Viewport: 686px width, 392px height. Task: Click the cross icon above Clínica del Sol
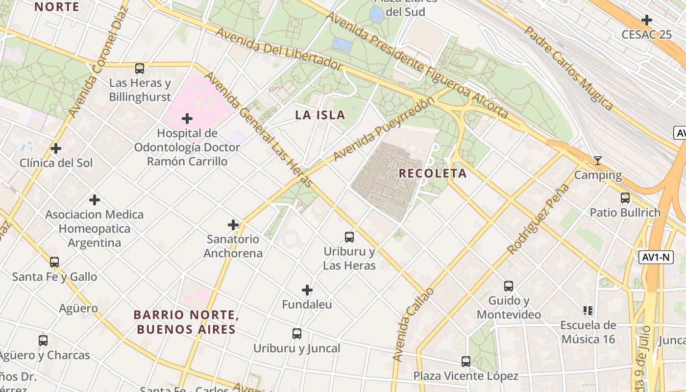[56, 148]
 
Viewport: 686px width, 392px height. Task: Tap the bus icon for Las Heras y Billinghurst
[140, 69]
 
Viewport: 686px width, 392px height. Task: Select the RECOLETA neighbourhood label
[433, 173]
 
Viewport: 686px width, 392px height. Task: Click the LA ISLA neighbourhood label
[320, 116]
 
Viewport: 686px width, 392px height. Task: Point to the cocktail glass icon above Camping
[597, 161]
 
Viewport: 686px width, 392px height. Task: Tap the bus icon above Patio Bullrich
[625, 198]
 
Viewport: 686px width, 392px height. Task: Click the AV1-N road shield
[656, 257]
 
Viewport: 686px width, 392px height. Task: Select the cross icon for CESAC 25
[647, 20]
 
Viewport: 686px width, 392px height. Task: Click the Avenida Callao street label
[413, 325]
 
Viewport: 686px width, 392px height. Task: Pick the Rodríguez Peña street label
[539, 219]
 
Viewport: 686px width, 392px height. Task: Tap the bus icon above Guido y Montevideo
[509, 286]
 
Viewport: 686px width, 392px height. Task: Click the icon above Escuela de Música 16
[588, 310]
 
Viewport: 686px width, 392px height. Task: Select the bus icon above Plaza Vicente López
[466, 362]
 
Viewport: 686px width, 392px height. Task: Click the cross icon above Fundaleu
[307, 290]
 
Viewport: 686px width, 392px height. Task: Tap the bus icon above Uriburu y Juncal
[297, 334]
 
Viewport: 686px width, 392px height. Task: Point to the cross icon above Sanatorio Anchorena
[233, 225]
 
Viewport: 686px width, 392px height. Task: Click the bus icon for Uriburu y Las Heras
[349, 237]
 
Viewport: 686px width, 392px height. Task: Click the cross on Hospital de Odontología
[187, 119]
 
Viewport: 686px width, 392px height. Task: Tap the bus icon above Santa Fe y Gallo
[54, 262]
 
